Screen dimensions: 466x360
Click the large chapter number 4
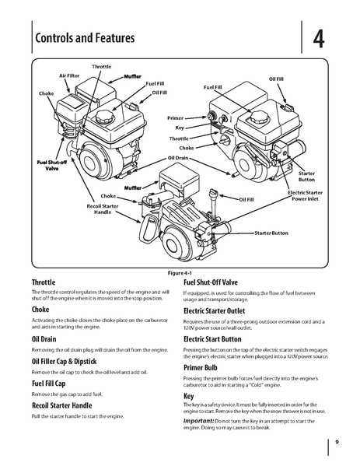coord(320,38)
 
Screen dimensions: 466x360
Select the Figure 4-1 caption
coord(180,274)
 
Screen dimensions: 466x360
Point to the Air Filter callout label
coord(71,76)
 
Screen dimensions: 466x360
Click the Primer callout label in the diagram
coord(175,117)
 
